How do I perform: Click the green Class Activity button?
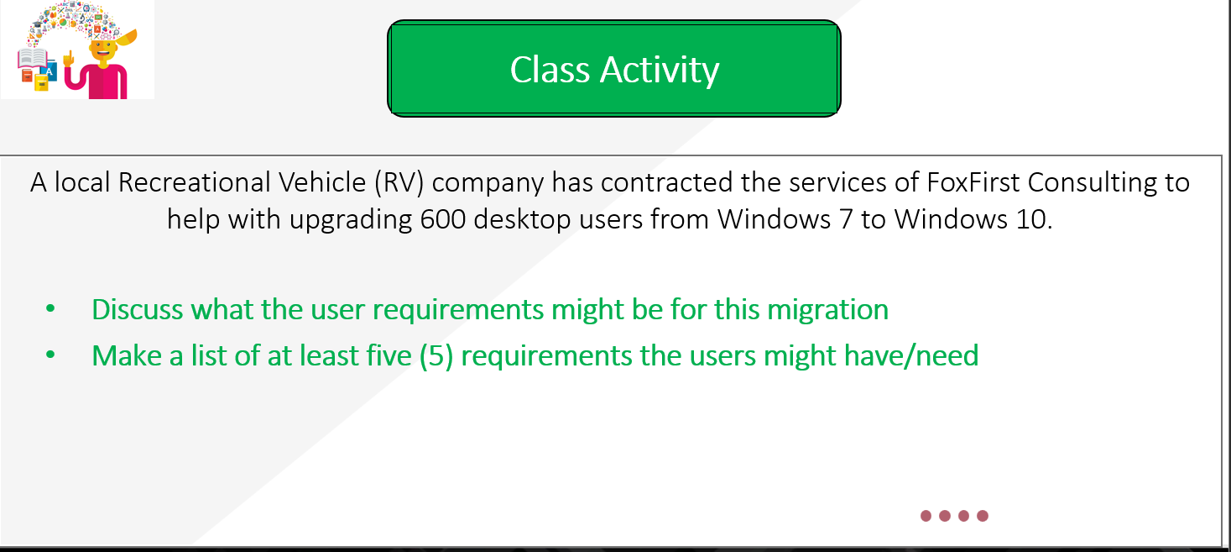[613, 69]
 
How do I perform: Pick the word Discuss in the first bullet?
[138, 309]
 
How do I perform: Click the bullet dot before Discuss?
[50, 310]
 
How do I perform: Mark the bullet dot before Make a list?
[50, 356]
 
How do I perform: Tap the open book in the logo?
[33, 60]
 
